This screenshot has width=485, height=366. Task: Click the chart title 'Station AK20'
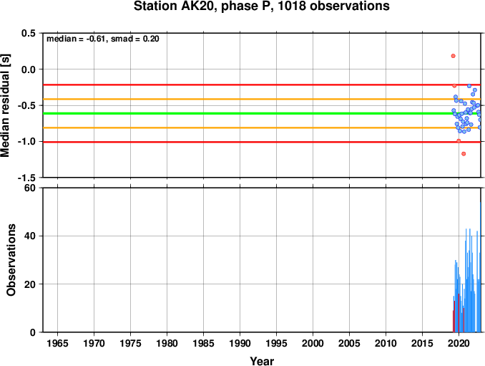[x=175, y=6]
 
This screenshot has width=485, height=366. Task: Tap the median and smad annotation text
[x=103, y=39]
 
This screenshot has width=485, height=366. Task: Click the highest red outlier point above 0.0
[x=453, y=56]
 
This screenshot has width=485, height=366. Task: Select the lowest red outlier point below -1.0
[x=464, y=154]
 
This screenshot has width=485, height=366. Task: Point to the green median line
[x=262, y=113]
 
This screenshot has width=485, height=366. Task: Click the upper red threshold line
[x=262, y=85]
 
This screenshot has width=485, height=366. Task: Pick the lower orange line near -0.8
[x=262, y=127]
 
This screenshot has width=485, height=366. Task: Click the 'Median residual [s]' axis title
[x=5, y=105]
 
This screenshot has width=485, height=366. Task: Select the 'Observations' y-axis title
[x=11, y=260]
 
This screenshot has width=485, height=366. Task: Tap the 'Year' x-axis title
[x=262, y=361]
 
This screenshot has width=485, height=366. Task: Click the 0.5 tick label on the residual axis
[x=29, y=33]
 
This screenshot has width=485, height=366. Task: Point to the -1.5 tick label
[x=26, y=178]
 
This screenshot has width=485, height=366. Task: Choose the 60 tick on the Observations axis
[x=30, y=188]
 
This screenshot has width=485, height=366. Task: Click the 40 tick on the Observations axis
[x=30, y=236]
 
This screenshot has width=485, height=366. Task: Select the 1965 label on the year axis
[x=57, y=343]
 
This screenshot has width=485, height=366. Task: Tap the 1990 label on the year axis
[x=240, y=343]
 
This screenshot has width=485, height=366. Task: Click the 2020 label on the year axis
[x=459, y=343]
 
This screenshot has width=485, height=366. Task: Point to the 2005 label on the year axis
[x=349, y=343]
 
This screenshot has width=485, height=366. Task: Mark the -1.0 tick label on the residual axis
[x=26, y=142]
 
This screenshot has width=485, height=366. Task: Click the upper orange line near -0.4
[x=262, y=99]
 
